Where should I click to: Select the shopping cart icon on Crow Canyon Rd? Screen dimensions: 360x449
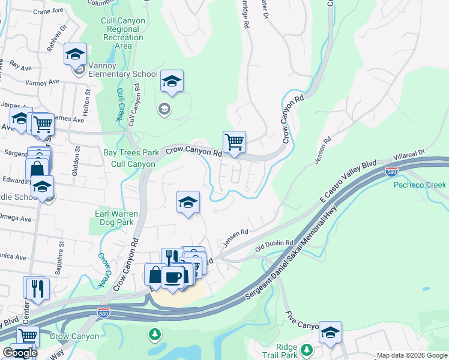coord(234,143)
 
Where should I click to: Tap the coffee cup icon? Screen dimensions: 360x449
coord(173,277)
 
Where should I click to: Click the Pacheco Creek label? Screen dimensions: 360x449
coord(420,185)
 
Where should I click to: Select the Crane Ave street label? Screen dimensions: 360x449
coord(49,11)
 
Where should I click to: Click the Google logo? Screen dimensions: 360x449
coord(19,353)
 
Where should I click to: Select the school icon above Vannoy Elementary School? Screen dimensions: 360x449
coord(76,55)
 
